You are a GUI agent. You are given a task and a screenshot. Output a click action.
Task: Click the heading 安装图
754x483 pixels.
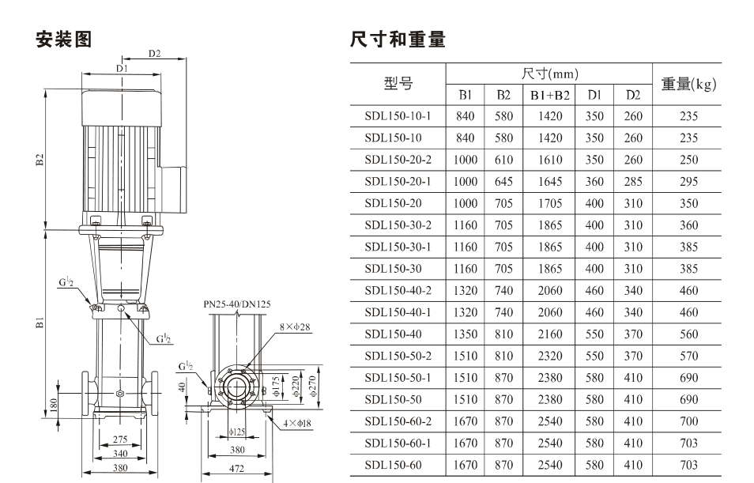tap(63, 40)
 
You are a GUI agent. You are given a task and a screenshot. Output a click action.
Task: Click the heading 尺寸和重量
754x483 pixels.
tap(398, 40)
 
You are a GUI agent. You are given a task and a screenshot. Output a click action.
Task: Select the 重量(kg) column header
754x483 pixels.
tap(688, 84)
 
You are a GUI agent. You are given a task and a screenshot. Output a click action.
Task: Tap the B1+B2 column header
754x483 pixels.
tap(549, 95)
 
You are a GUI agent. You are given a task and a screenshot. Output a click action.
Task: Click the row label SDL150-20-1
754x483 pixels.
tap(398, 181)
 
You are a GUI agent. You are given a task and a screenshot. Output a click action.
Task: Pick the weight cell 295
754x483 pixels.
tap(688, 181)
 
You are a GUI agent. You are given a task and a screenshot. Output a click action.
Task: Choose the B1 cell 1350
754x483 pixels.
tap(465, 334)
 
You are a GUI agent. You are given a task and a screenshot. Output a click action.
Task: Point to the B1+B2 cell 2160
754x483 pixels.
tap(549, 334)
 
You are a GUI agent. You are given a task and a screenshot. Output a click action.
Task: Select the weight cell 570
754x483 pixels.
tap(688, 356)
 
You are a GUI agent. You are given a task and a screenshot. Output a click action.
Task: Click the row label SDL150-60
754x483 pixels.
tap(393, 465)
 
